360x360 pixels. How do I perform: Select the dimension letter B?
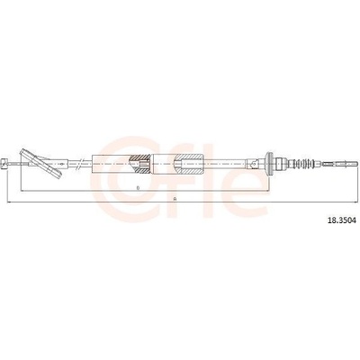point(138,188)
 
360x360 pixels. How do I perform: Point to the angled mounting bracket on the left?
point(41,164)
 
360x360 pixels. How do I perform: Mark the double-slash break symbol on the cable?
point(78,164)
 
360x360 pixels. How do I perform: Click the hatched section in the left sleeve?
point(139,164)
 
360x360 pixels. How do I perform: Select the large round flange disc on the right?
point(269,164)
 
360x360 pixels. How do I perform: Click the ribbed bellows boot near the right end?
point(303,164)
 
